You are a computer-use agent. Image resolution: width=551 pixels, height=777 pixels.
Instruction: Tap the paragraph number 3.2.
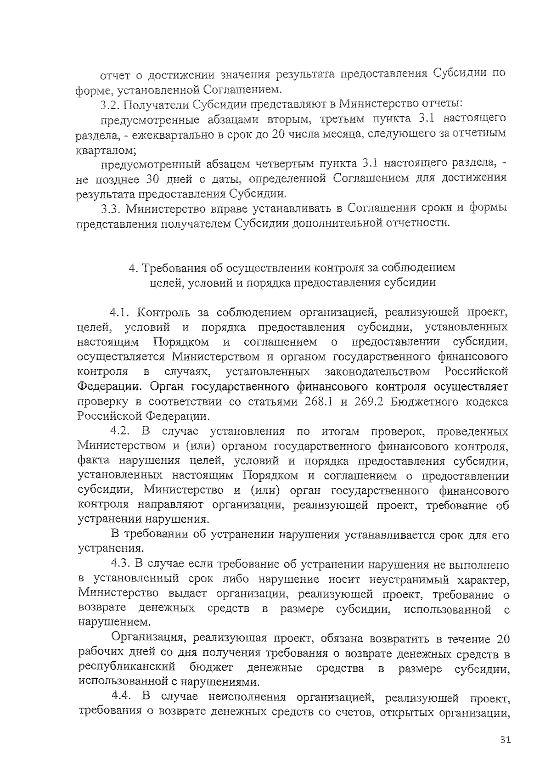(x=111, y=104)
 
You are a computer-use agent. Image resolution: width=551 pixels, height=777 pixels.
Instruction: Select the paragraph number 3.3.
(x=111, y=208)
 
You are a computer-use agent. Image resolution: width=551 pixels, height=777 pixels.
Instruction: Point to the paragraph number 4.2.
(x=121, y=432)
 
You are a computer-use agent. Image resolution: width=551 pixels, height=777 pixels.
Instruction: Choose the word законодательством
(x=377, y=372)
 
